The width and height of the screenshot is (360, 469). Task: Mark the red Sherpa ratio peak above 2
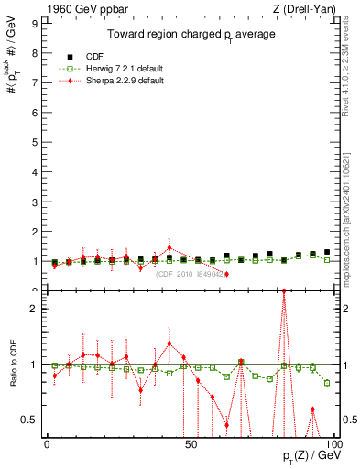284,291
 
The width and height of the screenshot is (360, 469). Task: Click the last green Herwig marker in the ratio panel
327,383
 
